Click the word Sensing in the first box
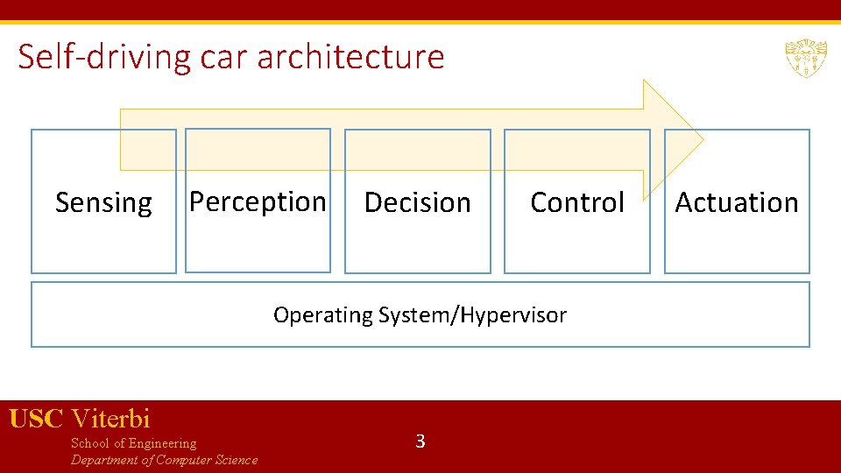click(103, 202)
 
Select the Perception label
click(258, 201)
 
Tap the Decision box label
click(417, 202)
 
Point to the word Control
click(577, 202)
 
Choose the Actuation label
click(736, 202)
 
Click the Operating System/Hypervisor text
click(420, 314)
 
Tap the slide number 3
click(420, 441)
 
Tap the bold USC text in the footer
click(36, 419)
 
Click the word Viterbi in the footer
click(110, 419)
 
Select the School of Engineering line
click(133, 443)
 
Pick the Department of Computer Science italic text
click(164, 460)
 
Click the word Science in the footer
click(234, 460)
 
